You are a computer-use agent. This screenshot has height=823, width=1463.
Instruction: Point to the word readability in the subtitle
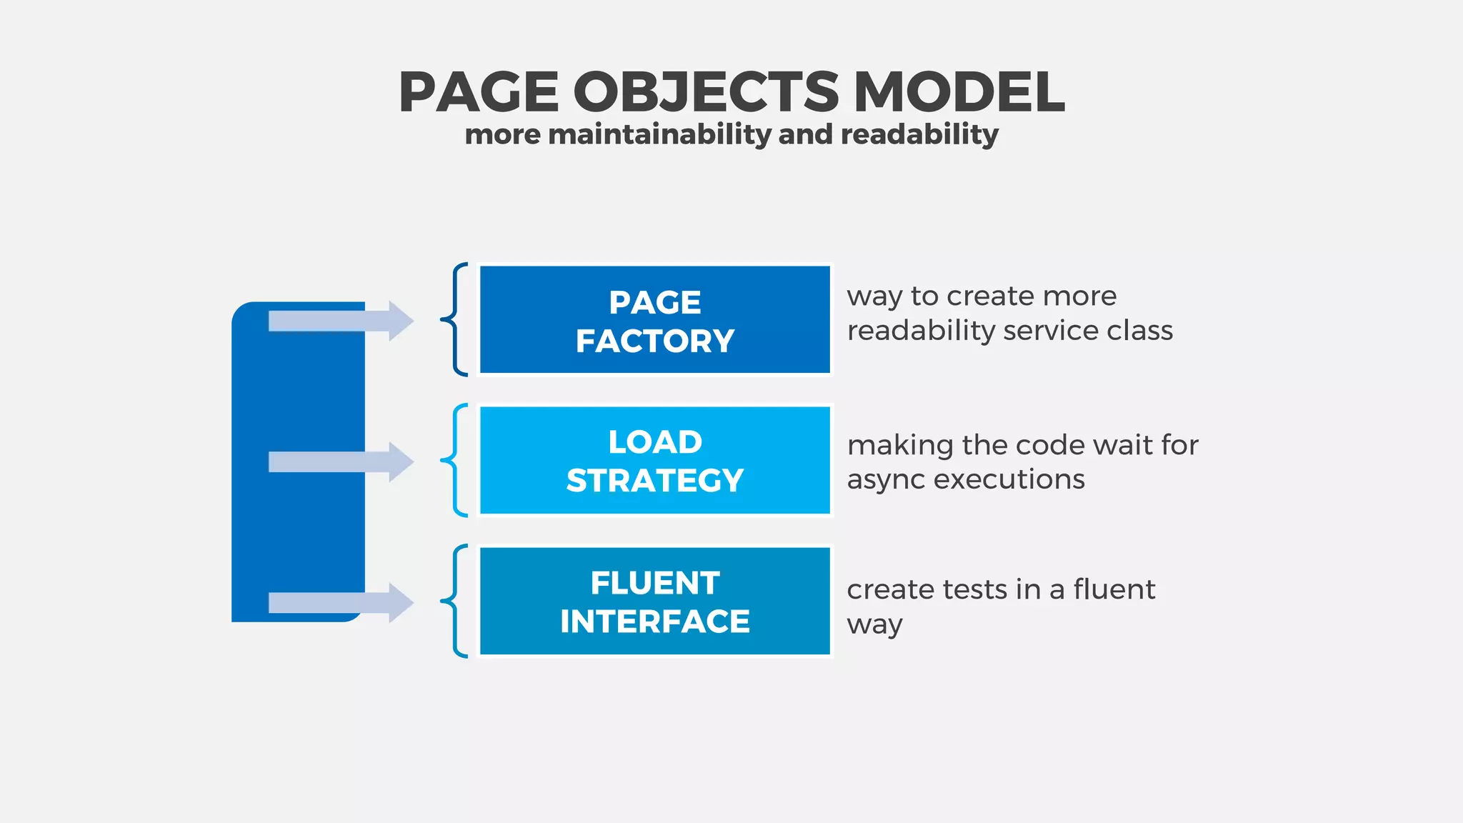[x=919, y=134]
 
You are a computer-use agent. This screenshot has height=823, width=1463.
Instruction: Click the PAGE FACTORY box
[x=654, y=319]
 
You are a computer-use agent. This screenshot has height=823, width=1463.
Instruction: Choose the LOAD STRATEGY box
[x=654, y=460]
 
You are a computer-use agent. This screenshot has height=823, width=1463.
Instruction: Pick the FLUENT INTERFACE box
[x=654, y=601]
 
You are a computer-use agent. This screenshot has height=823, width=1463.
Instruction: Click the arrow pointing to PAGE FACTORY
[x=341, y=321]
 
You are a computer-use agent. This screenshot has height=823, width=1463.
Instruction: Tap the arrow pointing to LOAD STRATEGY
[x=341, y=462]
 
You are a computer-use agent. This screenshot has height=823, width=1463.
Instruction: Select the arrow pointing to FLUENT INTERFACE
[x=341, y=602]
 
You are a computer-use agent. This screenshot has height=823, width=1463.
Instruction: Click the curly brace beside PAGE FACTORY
[x=454, y=319]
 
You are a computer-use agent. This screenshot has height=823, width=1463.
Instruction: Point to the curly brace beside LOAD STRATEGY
[x=454, y=460]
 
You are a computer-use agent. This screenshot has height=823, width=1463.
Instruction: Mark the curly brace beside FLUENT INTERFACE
[x=454, y=601]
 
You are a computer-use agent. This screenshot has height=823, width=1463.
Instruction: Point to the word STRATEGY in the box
[x=654, y=480]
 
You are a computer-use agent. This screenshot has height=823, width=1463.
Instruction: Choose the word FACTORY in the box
[x=654, y=341]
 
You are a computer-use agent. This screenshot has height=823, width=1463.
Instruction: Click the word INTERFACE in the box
[x=654, y=621]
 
